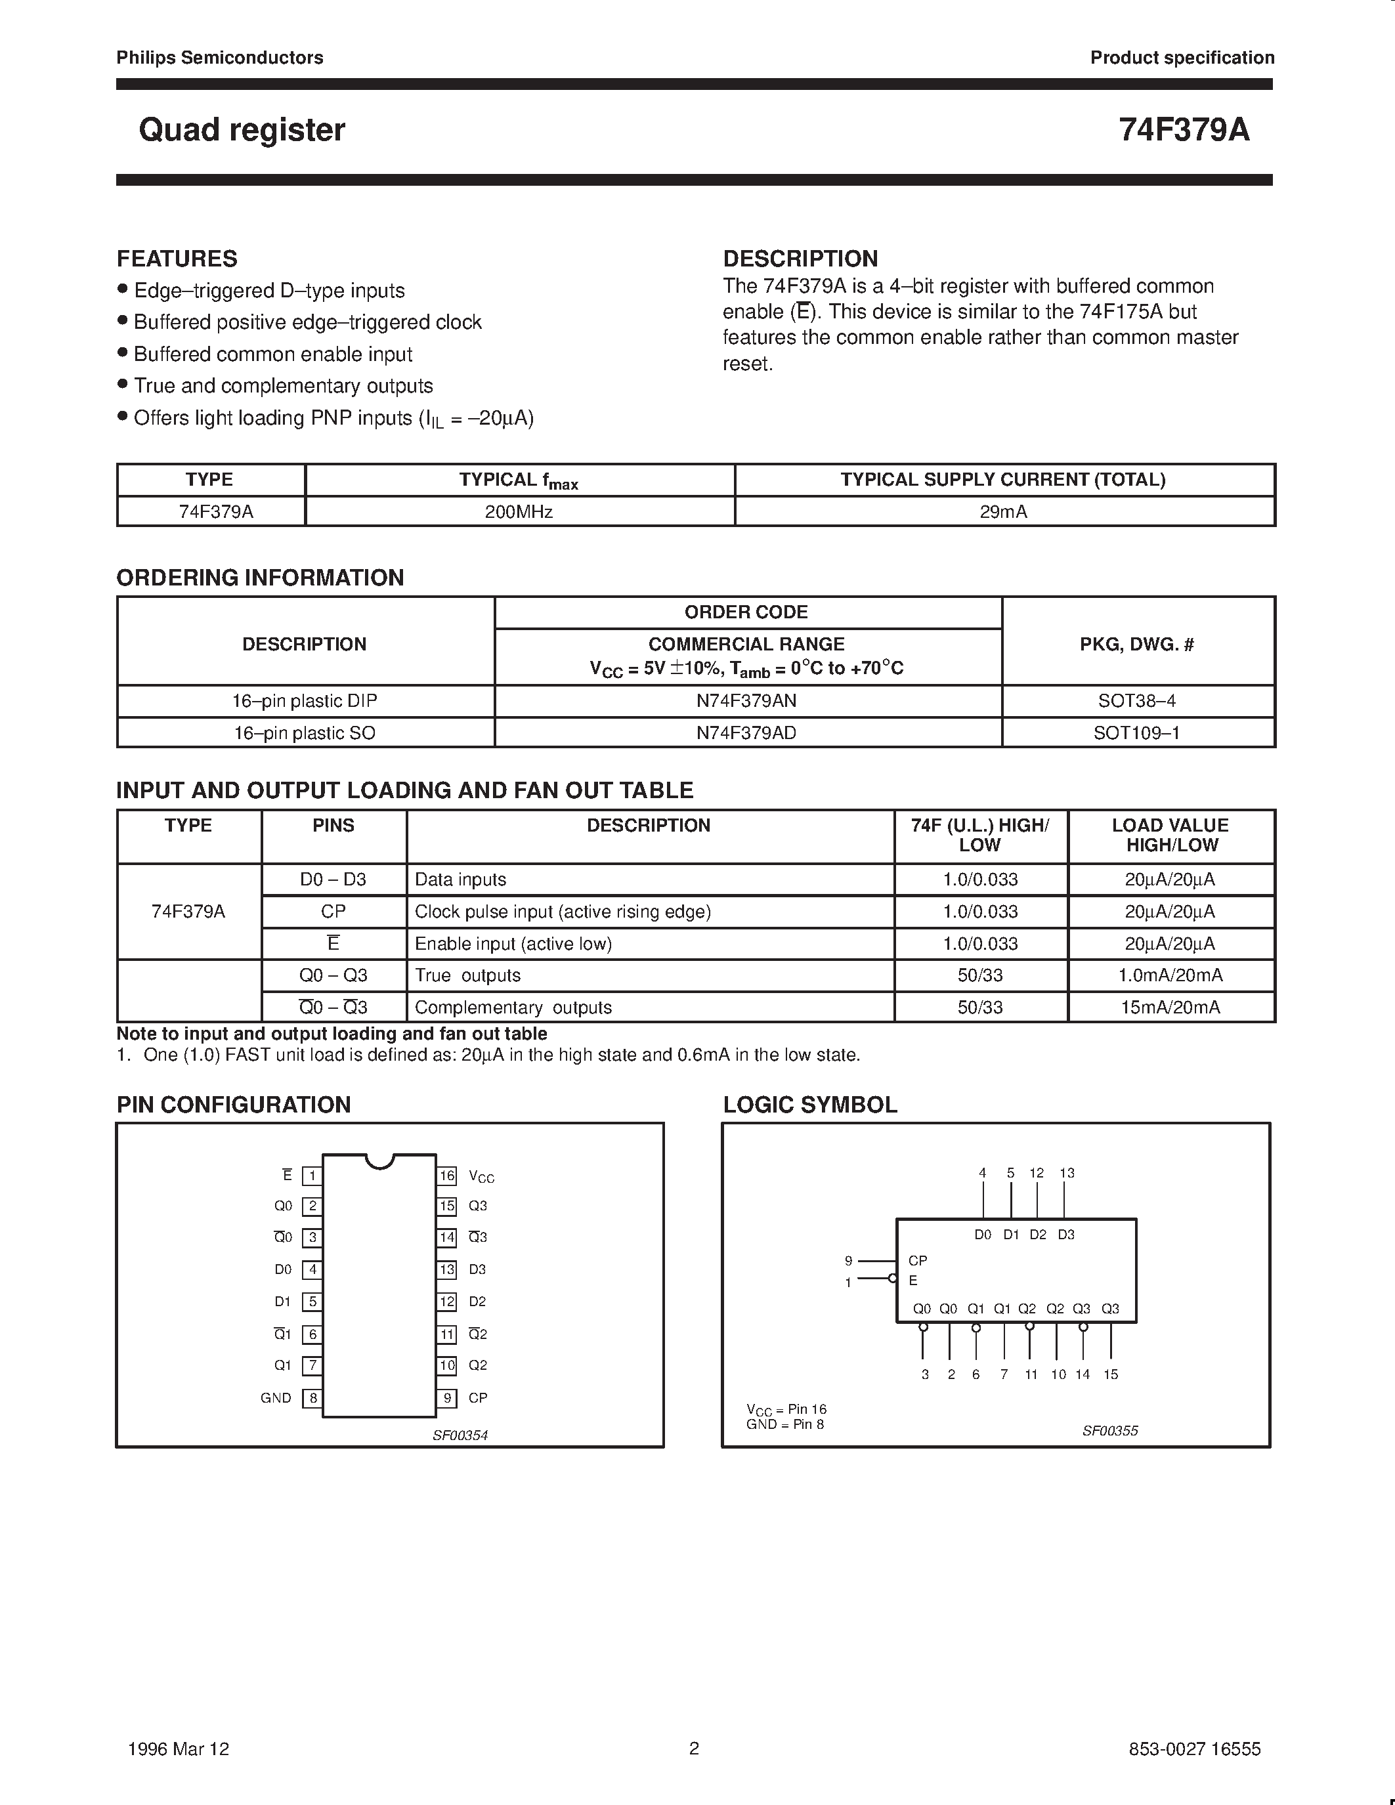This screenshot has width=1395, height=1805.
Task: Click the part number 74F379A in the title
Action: point(1184,130)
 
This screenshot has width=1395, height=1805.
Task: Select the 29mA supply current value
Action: point(1003,511)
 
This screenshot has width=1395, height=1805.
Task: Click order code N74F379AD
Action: point(746,733)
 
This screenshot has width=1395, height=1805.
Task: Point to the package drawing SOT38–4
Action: point(1136,701)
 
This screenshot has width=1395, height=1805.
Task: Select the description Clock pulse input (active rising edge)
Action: point(562,912)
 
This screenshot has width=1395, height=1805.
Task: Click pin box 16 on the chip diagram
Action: point(447,1176)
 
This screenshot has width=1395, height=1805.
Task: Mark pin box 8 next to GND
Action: point(312,1398)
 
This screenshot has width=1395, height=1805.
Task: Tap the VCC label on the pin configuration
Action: point(481,1176)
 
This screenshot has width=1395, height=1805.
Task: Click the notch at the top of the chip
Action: point(379,1160)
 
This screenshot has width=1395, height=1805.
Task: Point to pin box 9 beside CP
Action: point(447,1398)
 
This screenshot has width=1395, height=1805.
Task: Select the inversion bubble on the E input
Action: point(891,1279)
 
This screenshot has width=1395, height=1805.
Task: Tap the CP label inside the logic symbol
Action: point(917,1260)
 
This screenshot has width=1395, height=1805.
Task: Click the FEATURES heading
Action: point(177,259)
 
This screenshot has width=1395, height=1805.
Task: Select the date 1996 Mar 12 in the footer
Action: point(179,1749)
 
